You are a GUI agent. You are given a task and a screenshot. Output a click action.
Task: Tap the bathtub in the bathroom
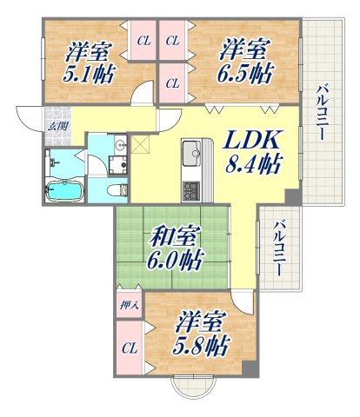point(64,189)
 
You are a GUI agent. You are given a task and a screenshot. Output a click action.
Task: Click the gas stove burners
point(190,188)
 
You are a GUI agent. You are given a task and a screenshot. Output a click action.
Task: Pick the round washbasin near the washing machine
point(122,144)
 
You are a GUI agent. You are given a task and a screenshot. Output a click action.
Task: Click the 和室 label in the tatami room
point(174,236)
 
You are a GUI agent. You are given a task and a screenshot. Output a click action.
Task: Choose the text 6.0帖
point(174,260)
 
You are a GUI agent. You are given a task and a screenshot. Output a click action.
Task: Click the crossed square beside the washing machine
point(141,142)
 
